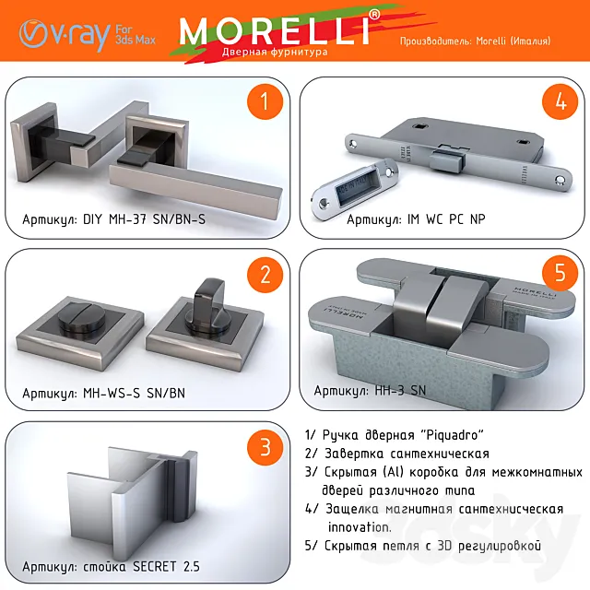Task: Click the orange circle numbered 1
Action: [265, 102]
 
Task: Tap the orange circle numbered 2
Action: [265, 275]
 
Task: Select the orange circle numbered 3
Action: [265, 448]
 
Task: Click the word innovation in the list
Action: [360, 527]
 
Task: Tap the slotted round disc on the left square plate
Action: [77, 325]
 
